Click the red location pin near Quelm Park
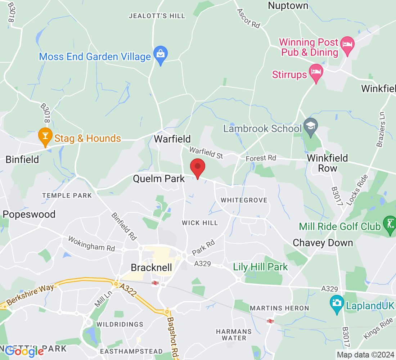pyautogui.click(x=197, y=167)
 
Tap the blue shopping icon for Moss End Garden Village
pyautogui.click(x=160, y=54)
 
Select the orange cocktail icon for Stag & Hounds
pyautogui.click(x=45, y=136)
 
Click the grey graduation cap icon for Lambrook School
pyautogui.click(x=310, y=126)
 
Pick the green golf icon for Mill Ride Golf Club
pyautogui.click(x=390, y=224)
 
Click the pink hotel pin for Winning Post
pyautogui.click(x=347, y=45)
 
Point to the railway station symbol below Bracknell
pyautogui.click(x=155, y=283)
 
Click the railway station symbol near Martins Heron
pyautogui.click(x=270, y=321)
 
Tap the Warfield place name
pyautogui.click(x=172, y=139)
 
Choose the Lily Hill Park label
pyautogui.click(x=261, y=267)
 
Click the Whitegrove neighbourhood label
pyautogui.click(x=244, y=200)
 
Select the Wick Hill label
pyautogui.click(x=200, y=223)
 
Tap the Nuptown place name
pyautogui.click(x=288, y=6)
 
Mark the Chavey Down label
pyautogui.click(x=323, y=243)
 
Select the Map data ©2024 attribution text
pyautogui.click(x=365, y=355)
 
